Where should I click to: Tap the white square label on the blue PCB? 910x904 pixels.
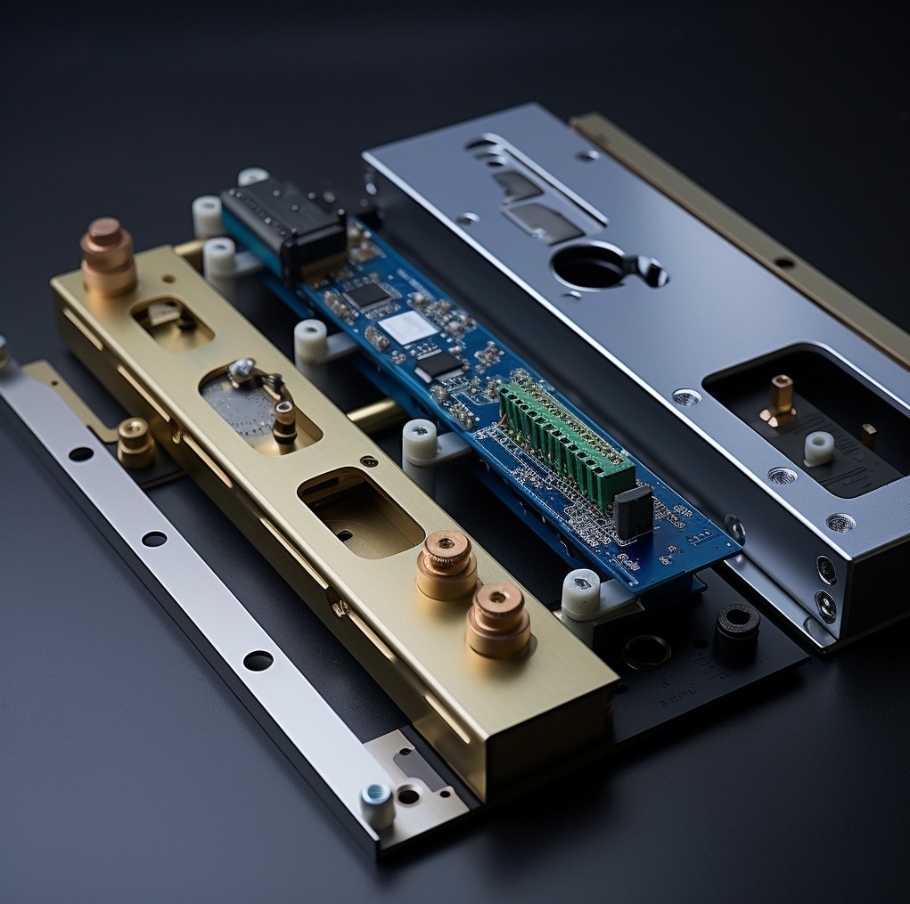[407, 327]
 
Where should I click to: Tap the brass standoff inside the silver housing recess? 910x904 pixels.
[781, 397]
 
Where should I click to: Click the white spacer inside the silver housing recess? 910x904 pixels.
[818, 448]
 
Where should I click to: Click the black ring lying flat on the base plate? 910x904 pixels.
[646, 652]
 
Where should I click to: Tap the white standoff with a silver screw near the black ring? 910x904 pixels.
[581, 592]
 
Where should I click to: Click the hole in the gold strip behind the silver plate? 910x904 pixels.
[784, 263]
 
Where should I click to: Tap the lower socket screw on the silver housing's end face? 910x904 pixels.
[826, 605]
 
